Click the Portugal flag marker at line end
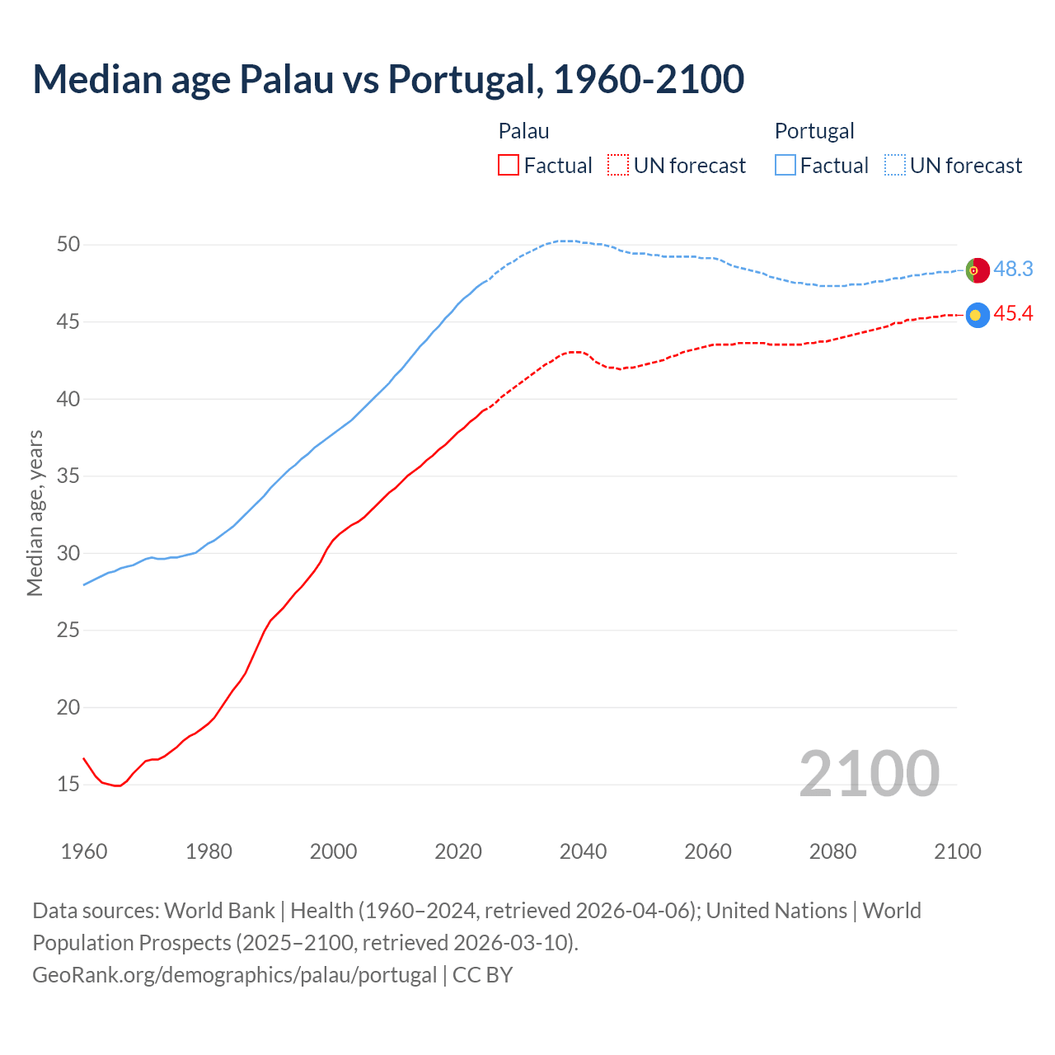pyautogui.click(x=978, y=270)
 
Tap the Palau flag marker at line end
pyautogui.click(x=978, y=315)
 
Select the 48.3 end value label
pyautogui.click(x=1013, y=270)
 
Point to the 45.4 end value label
pyautogui.click(x=1013, y=314)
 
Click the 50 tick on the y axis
pyautogui.click(x=68, y=245)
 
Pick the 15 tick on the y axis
pyautogui.click(x=68, y=785)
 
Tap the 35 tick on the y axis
pyautogui.click(x=68, y=476)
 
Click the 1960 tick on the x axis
pyautogui.click(x=84, y=851)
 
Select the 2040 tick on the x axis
pyautogui.click(x=583, y=851)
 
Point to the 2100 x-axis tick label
pyautogui.click(x=957, y=851)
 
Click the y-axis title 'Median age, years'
pyautogui.click(x=35, y=513)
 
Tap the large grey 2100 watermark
pyautogui.click(x=869, y=773)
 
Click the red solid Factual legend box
pyautogui.click(x=509, y=166)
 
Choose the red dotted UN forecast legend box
pyautogui.click(x=618, y=166)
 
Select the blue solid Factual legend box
pyautogui.click(x=785, y=166)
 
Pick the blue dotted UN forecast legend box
pyautogui.click(x=895, y=166)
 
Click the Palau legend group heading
pyautogui.click(x=523, y=131)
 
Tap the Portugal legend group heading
pyautogui.click(x=814, y=131)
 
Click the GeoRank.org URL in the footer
pyautogui.click(x=235, y=975)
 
